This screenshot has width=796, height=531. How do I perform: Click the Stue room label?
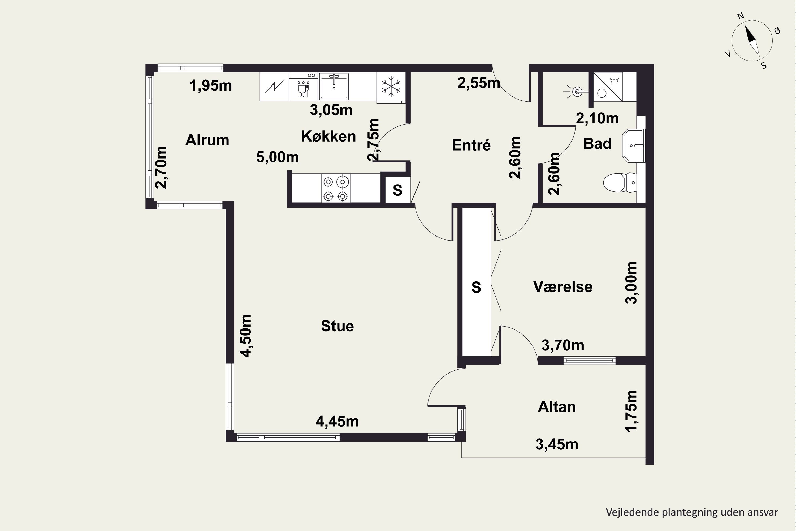pyautogui.click(x=338, y=326)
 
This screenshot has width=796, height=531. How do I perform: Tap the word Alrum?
pyautogui.click(x=207, y=140)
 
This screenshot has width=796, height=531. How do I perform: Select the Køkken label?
pyautogui.click(x=328, y=136)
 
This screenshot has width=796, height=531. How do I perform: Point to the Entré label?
pyautogui.click(x=471, y=145)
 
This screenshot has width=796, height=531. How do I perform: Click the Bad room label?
pyautogui.click(x=597, y=144)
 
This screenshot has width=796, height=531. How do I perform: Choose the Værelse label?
pyautogui.click(x=563, y=287)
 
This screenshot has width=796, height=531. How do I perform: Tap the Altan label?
pyautogui.click(x=557, y=407)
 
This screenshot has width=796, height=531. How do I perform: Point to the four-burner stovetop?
pyautogui.click(x=336, y=188)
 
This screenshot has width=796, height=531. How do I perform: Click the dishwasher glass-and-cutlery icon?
pyautogui.click(x=303, y=88)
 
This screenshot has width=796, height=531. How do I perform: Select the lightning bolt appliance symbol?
pyautogui.click(x=274, y=87)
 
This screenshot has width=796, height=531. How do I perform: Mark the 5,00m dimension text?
pyautogui.click(x=278, y=157)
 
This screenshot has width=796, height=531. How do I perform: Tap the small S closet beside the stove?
pyautogui.click(x=398, y=190)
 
